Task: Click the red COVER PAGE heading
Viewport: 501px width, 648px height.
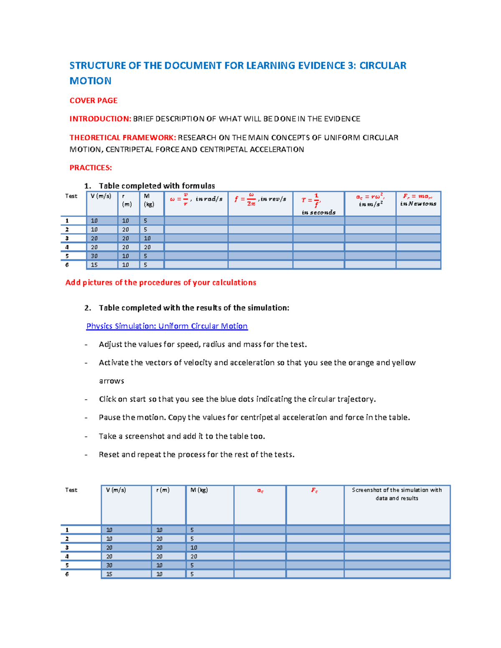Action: tap(93, 101)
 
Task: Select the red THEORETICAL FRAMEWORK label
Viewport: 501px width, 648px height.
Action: tap(123, 138)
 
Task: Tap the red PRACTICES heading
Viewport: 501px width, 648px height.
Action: tap(91, 168)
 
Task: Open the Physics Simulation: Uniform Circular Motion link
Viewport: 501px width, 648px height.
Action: tap(167, 326)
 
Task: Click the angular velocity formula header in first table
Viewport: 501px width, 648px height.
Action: tap(196, 199)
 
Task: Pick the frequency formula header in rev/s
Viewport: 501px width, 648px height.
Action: tap(260, 199)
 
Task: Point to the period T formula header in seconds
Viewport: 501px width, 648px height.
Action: tap(318, 203)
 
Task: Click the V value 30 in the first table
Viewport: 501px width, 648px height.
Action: tap(94, 256)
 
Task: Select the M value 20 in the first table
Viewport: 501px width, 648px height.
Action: tap(147, 247)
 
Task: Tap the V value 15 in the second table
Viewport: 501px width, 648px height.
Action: tap(109, 574)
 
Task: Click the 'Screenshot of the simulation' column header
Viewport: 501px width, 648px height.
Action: tap(397, 494)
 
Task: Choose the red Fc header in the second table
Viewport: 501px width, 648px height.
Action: tap(314, 490)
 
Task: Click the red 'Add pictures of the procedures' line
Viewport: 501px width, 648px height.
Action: tap(161, 282)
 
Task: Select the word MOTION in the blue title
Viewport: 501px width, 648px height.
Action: tap(90, 81)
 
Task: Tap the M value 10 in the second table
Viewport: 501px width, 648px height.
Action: tap(194, 547)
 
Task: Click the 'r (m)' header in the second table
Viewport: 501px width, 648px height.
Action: tap(163, 490)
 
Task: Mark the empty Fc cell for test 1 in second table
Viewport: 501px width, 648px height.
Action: tap(315, 530)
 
